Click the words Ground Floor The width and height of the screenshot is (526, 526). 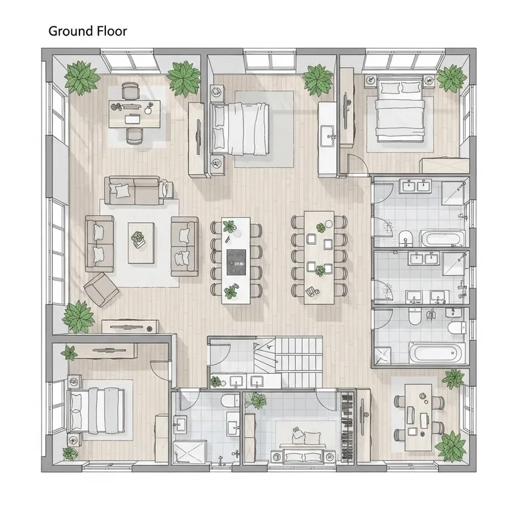click(x=87, y=31)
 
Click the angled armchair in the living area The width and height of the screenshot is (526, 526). click(x=101, y=289)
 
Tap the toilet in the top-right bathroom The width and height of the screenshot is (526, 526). click(x=406, y=236)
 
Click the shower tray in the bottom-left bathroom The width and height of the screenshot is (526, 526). click(x=189, y=452)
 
